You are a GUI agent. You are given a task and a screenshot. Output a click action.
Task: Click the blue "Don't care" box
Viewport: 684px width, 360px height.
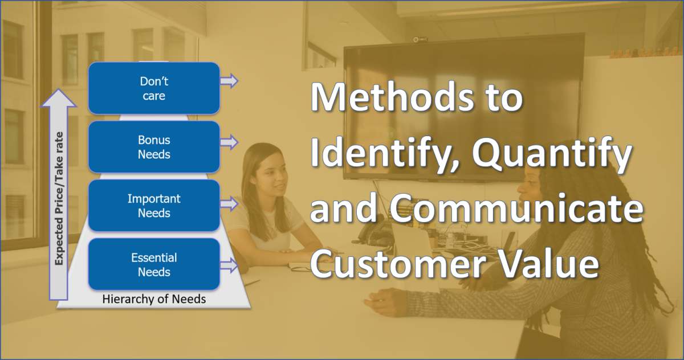154,88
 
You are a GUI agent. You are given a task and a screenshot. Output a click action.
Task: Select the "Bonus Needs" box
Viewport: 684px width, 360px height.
154,147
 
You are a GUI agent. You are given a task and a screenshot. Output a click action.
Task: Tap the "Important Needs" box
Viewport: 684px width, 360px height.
154,205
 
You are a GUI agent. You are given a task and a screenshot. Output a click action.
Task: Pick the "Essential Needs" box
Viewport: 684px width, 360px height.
154,264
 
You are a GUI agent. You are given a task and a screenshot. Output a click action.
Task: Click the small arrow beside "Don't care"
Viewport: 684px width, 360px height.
229,81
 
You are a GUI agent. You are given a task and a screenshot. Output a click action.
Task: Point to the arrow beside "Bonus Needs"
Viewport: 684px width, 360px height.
229,142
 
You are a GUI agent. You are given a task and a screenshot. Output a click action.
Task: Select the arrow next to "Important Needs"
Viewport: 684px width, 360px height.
229,204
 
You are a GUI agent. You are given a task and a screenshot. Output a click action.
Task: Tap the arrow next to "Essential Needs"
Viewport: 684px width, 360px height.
229,265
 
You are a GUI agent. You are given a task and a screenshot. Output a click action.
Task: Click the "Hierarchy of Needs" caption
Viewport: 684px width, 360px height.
154,299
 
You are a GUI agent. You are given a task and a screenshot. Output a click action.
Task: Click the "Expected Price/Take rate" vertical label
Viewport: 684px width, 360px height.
59,198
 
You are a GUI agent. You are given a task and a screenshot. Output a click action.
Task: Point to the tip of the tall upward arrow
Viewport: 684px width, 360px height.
58,89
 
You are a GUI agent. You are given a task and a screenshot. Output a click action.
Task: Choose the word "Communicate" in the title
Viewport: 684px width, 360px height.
516,208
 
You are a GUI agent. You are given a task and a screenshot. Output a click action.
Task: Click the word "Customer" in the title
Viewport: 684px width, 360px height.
398,263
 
